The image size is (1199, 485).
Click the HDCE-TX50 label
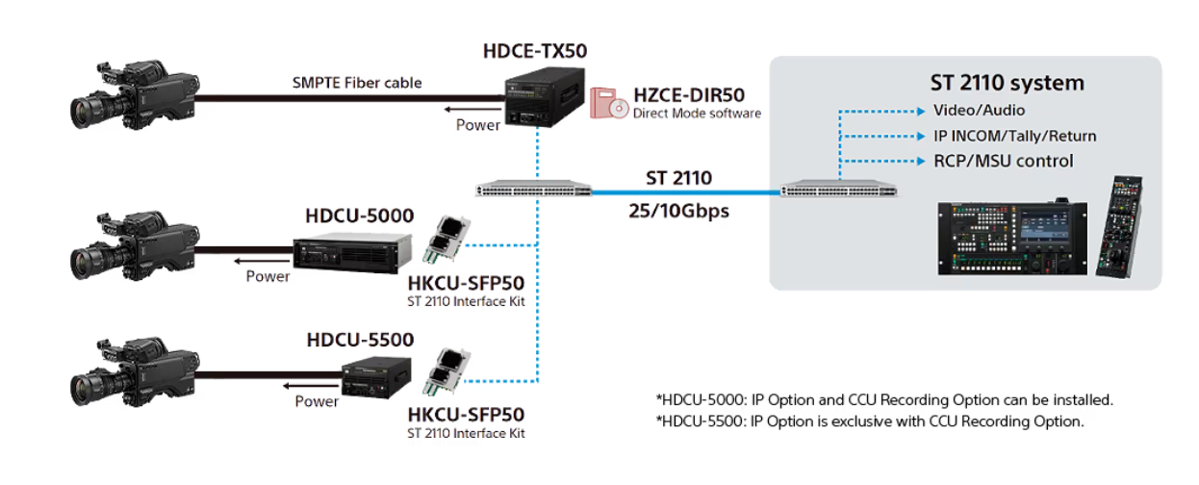pos(534,51)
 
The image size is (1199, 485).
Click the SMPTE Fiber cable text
pos(357,83)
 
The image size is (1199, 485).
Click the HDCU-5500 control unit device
pos(369,376)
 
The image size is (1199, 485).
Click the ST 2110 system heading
pos(1007,83)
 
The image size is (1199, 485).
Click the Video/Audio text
pos(979,111)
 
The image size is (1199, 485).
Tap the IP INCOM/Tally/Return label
pos(1014,136)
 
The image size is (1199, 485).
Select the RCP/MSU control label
pos(1003,161)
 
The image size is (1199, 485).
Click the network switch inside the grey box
pos(839,191)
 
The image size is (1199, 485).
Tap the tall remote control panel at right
pos(1124,226)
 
